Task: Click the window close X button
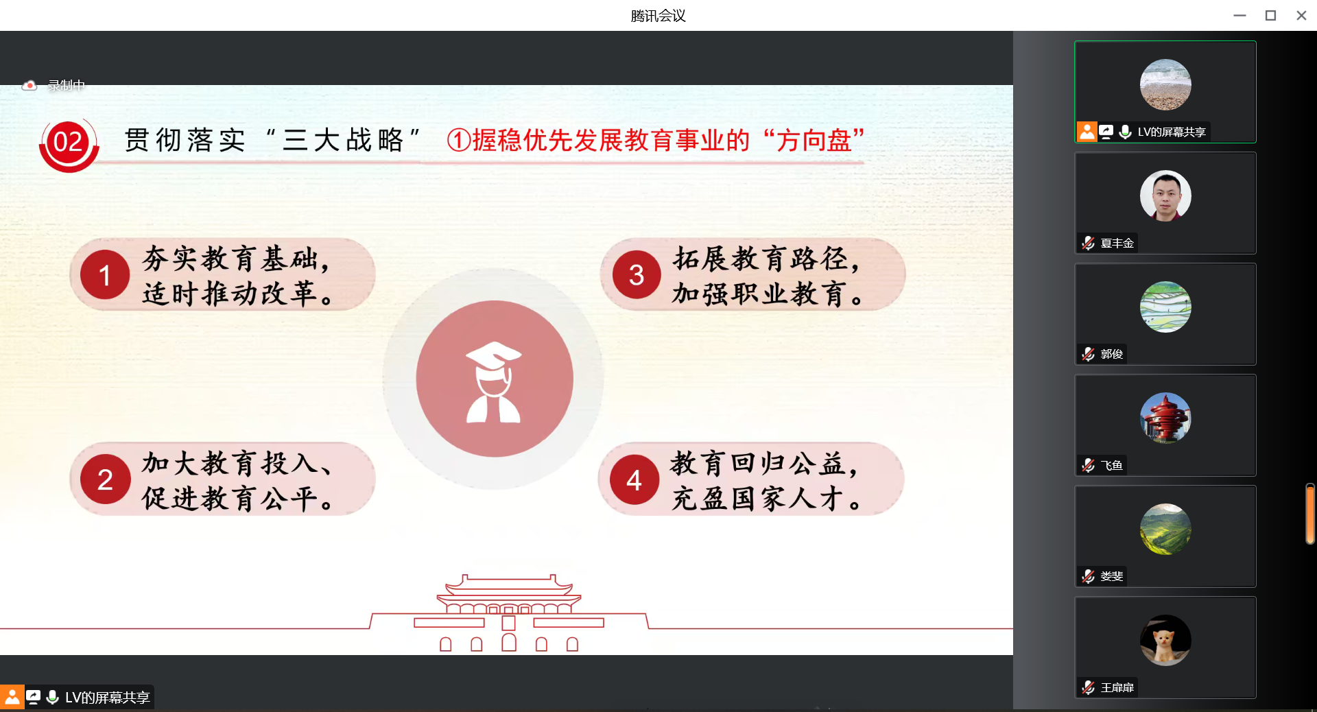click(1301, 15)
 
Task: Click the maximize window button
click(1270, 15)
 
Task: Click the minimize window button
click(1239, 15)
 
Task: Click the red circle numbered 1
click(105, 275)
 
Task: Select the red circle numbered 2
click(105, 479)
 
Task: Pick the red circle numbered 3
click(637, 274)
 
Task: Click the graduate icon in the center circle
click(494, 382)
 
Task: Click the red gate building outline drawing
click(509, 613)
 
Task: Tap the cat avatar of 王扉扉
click(1165, 640)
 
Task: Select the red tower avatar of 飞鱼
click(1165, 418)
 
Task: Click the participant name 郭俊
click(1112, 354)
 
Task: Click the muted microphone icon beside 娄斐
click(1088, 576)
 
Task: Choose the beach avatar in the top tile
click(1165, 84)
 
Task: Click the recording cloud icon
click(29, 86)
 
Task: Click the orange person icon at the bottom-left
click(12, 698)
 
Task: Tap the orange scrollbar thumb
click(1309, 514)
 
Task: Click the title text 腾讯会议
click(658, 16)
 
